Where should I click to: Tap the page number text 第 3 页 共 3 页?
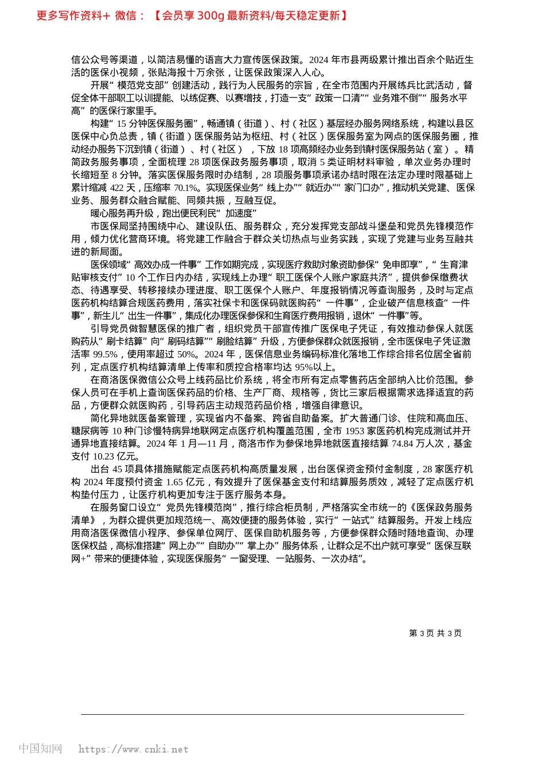click(x=435, y=633)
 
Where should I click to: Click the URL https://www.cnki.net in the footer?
click(x=133, y=749)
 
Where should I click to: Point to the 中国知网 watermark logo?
click(x=40, y=749)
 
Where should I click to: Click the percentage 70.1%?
click(x=186, y=188)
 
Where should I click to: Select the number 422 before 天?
click(x=117, y=188)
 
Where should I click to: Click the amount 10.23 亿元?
click(x=118, y=457)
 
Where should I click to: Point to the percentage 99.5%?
click(x=105, y=354)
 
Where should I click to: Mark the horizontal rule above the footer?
click(x=272, y=714)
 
